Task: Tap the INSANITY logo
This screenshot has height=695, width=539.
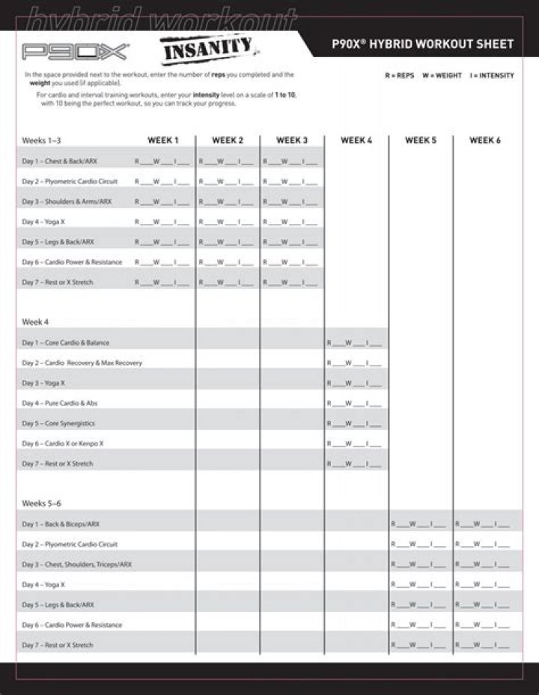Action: (209, 52)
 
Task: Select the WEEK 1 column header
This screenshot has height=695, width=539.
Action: (162, 140)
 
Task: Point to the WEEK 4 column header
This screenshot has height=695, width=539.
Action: (356, 140)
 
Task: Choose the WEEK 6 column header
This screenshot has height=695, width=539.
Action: (485, 140)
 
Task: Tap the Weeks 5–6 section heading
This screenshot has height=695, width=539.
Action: (41, 503)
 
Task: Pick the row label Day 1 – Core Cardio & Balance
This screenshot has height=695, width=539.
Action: (65, 342)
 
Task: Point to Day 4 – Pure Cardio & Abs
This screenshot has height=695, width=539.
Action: (60, 403)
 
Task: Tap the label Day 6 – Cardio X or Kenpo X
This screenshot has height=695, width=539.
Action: (63, 443)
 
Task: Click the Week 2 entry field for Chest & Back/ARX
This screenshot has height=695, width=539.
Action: (227, 161)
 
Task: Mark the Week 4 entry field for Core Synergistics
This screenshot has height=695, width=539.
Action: (356, 423)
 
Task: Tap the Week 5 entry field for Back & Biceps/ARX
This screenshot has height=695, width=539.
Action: (420, 523)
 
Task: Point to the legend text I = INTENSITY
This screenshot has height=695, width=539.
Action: (492, 76)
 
